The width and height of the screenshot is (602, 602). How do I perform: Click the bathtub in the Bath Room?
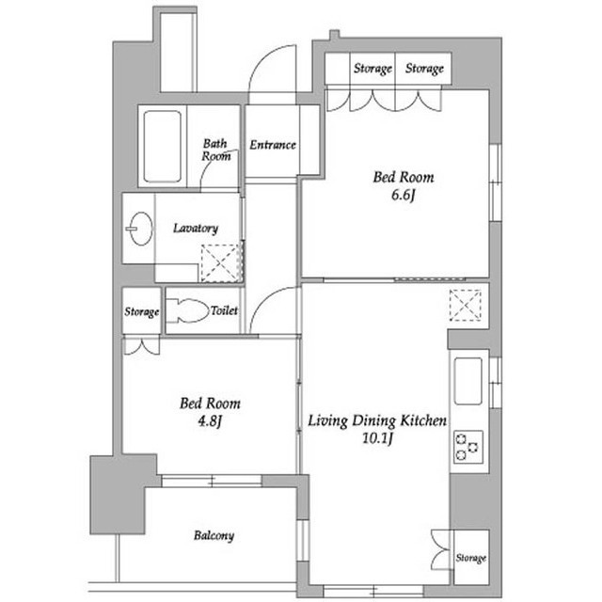(x=162, y=147)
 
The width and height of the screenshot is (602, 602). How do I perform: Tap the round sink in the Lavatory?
(x=140, y=229)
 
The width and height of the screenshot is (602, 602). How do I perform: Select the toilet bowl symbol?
(x=187, y=310)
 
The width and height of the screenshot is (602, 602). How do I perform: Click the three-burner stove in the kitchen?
(x=468, y=447)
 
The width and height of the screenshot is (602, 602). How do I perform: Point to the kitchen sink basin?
(x=468, y=381)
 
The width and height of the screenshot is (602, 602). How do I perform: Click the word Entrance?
(x=273, y=145)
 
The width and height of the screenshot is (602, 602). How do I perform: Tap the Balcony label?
(x=214, y=535)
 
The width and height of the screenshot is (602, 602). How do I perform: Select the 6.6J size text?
(x=404, y=196)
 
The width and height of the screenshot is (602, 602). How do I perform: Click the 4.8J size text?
(x=210, y=421)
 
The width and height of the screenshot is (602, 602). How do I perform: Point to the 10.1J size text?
(x=378, y=438)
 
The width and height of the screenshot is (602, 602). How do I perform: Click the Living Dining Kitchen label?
(x=377, y=420)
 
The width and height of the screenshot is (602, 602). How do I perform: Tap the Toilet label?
(x=224, y=310)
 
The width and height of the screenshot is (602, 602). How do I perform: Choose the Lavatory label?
(x=196, y=229)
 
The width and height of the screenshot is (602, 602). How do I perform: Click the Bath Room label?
(x=216, y=150)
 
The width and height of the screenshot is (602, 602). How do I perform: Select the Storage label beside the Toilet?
(x=142, y=311)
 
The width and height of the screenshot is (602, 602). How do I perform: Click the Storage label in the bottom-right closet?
(x=471, y=558)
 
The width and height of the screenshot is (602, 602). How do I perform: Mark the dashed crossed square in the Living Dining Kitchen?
(x=466, y=305)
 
